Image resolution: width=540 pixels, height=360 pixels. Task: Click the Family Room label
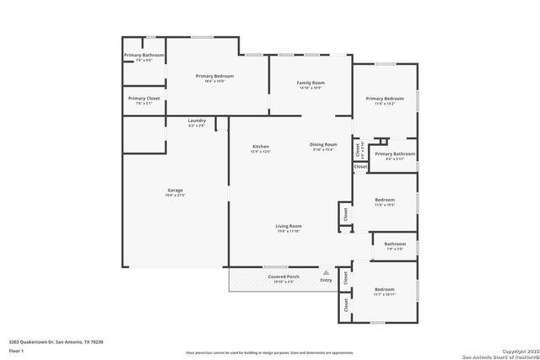pyautogui.click(x=310, y=83)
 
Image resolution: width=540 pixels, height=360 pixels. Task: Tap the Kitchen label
pyautogui.click(x=261, y=147)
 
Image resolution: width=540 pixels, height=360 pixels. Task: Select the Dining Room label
pyautogui.click(x=324, y=144)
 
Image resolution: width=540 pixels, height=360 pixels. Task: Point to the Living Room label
pyautogui.click(x=289, y=226)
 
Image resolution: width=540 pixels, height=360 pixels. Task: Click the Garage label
pyautogui.click(x=175, y=190)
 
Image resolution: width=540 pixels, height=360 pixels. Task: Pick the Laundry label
pyautogui.click(x=197, y=121)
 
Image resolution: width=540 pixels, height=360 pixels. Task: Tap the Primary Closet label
pyautogui.click(x=143, y=98)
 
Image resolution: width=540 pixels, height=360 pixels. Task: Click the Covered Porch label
pyautogui.click(x=283, y=277)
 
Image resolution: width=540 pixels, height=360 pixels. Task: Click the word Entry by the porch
pyautogui.click(x=326, y=280)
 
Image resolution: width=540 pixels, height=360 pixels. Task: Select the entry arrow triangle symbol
pyautogui.click(x=326, y=272)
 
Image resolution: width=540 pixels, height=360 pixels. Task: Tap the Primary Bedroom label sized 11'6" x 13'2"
pyautogui.click(x=385, y=99)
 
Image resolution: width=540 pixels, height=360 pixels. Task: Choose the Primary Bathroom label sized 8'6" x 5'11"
pyautogui.click(x=395, y=153)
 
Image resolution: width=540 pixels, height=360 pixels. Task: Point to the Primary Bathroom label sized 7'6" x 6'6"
pyautogui.click(x=143, y=55)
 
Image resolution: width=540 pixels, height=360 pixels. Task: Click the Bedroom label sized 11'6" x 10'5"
pyautogui.click(x=385, y=200)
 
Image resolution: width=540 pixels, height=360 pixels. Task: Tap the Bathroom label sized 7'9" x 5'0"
pyautogui.click(x=395, y=244)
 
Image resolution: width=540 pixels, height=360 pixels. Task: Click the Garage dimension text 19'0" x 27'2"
pyautogui.click(x=175, y=195)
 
